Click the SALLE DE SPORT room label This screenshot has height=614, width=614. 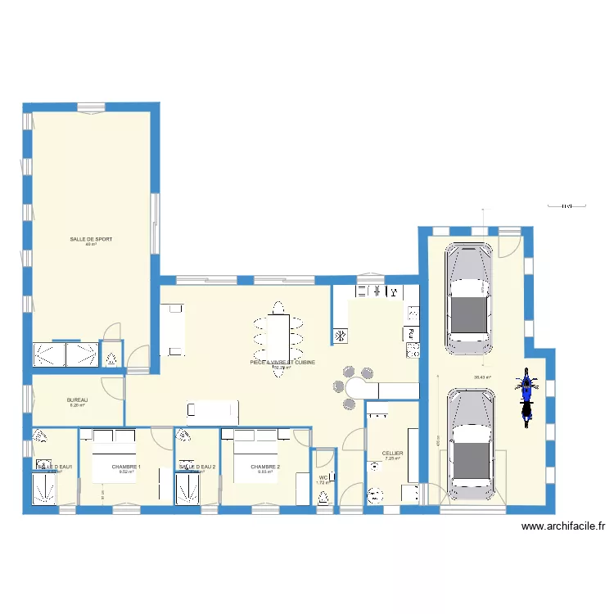91,239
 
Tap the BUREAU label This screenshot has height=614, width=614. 76,400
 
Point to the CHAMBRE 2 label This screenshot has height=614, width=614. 265,467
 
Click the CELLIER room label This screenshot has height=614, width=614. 392,453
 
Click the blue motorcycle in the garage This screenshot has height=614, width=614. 526,396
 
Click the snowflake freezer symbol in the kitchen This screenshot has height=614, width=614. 339,335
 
